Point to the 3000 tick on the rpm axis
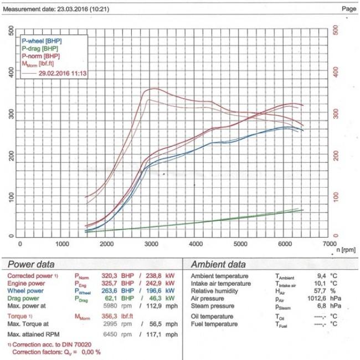(x=152, y=243)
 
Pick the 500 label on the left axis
(x=12, y=32)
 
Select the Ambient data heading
(x=218, y=264)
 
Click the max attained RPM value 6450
(x=111, y=335)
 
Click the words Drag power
(x=24, y=297)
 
